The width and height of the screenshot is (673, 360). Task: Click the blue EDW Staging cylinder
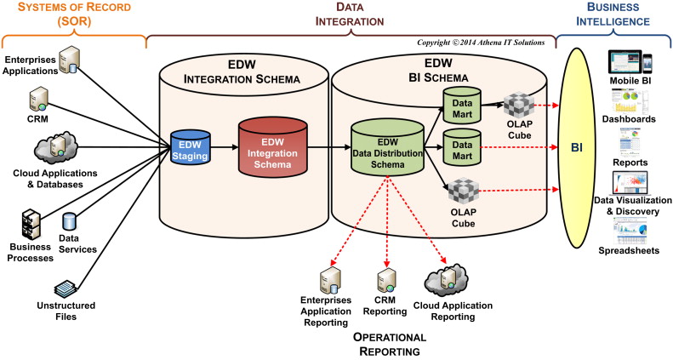point(191,146)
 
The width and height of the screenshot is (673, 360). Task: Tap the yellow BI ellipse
point(579,146)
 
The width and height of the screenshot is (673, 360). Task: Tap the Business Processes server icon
point(31,223)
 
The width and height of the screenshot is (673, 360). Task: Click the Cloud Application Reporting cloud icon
point(443,282)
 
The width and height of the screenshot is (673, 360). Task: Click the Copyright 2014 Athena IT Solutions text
point(481,42)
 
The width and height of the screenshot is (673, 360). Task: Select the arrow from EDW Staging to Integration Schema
point(223,146)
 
